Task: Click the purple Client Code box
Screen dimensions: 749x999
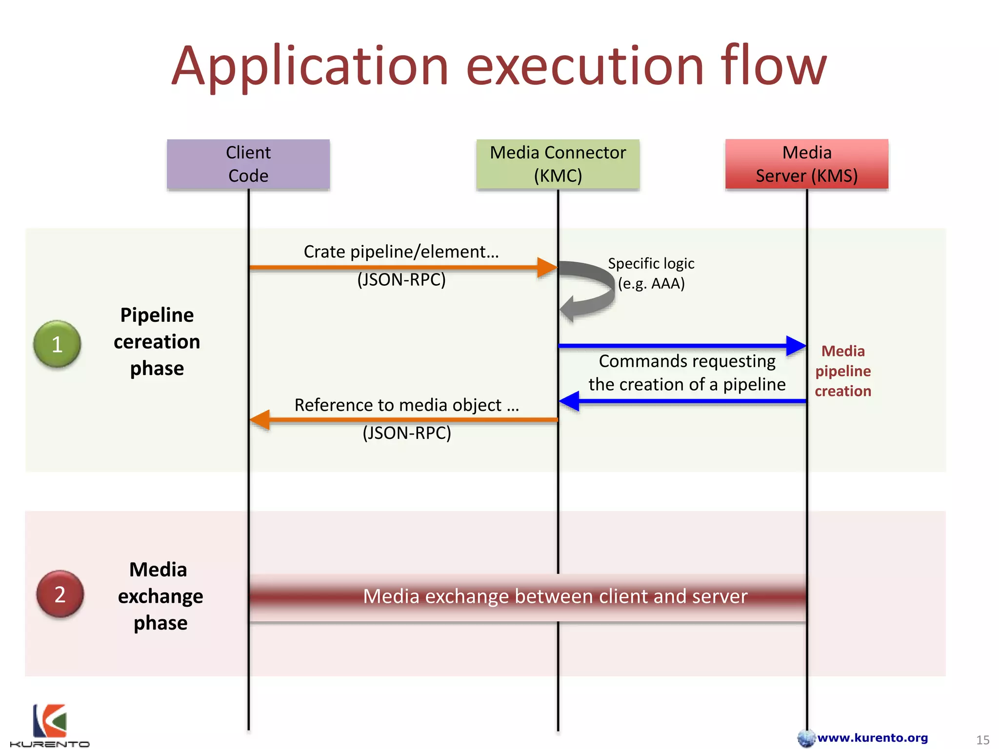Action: click(x=248, y=164)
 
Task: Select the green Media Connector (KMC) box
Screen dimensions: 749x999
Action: click(x=558, y=164)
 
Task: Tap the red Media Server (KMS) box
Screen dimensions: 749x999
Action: click(x=806, y=164)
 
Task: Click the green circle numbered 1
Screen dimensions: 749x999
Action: click(x=57, y=344)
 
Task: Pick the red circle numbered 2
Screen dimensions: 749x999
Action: click(x=60, y=594)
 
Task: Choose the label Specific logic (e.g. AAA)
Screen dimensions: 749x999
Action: click(x=651, y=273)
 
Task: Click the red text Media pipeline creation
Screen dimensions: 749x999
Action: click(x=843, y=371)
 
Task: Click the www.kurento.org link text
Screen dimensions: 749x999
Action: click(x=872, y=738)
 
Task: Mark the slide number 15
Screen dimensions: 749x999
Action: click(x=982, y=740)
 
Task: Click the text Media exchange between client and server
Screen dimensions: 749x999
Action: click(x=555, y=596)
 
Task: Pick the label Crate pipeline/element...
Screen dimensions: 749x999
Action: click(x=401, y=252)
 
